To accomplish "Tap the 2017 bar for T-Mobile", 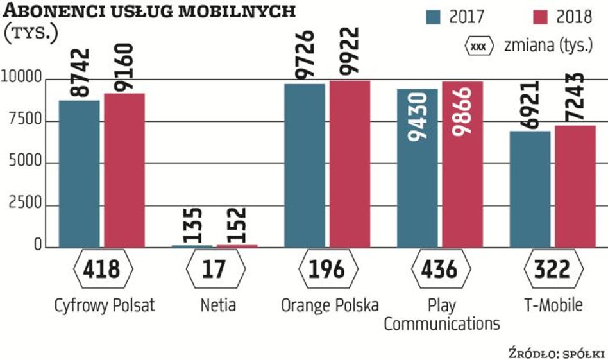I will [529, 189].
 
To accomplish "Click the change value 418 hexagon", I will [103, 270].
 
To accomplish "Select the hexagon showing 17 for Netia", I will [214, 270].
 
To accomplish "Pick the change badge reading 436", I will [439, 270].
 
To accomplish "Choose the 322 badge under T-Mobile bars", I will [551, 270].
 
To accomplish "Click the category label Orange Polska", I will [329, 305].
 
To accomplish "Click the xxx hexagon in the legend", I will [478, 47].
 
